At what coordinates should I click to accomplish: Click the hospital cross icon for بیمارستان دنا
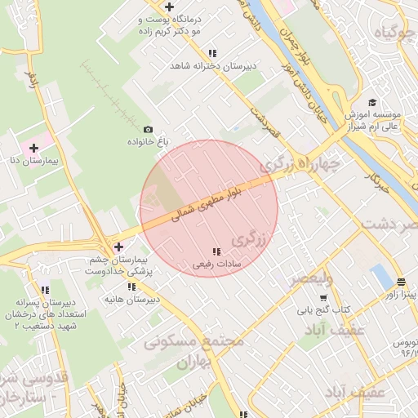coord(33,149)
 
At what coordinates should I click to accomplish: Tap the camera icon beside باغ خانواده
coord(148,129)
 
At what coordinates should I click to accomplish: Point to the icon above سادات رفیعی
coord(216,251)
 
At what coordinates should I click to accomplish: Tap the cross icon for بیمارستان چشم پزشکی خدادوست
coord(118,246)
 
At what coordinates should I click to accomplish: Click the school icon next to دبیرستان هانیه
coord(131,287)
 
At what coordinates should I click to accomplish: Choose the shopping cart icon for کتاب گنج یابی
coord(322,297)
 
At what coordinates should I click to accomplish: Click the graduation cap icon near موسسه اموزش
coord(373,102)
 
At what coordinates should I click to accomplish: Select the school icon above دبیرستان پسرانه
coord(45,290)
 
